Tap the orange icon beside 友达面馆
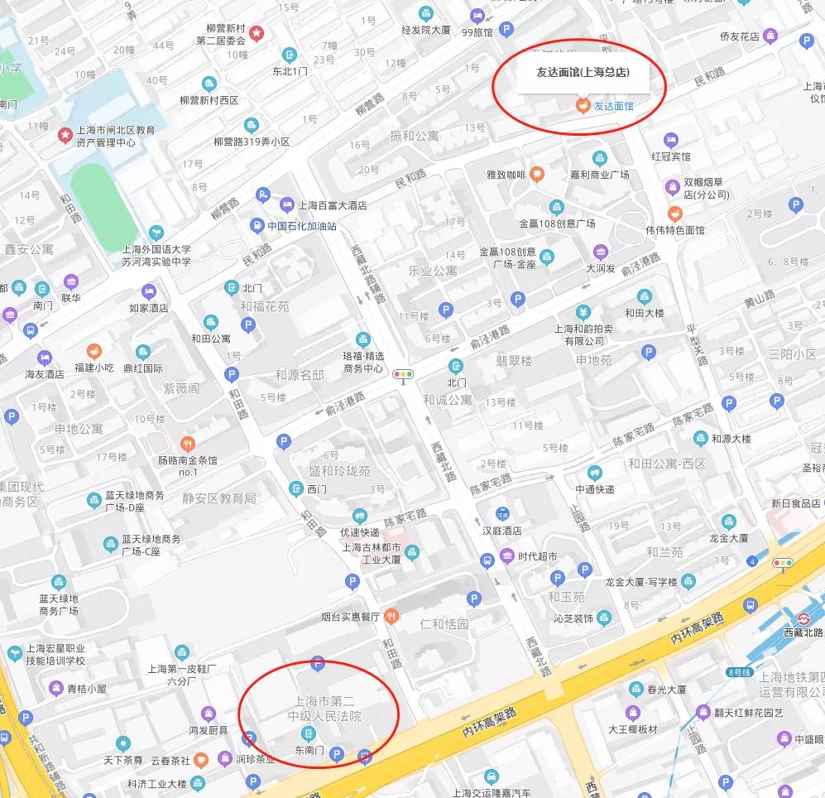(583, 106)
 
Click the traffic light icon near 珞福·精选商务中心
(404, 375)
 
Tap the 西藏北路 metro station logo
(803, 617)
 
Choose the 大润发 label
(601, 268)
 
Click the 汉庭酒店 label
(501, 531)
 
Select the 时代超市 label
(537, 555)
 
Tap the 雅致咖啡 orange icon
(537, 174)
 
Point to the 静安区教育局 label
(219, 498)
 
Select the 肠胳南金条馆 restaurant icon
(188, 443)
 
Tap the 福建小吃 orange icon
(94, 351)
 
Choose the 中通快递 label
(595, 488)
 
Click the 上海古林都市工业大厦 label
(372, 553)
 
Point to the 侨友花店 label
(739, 36)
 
